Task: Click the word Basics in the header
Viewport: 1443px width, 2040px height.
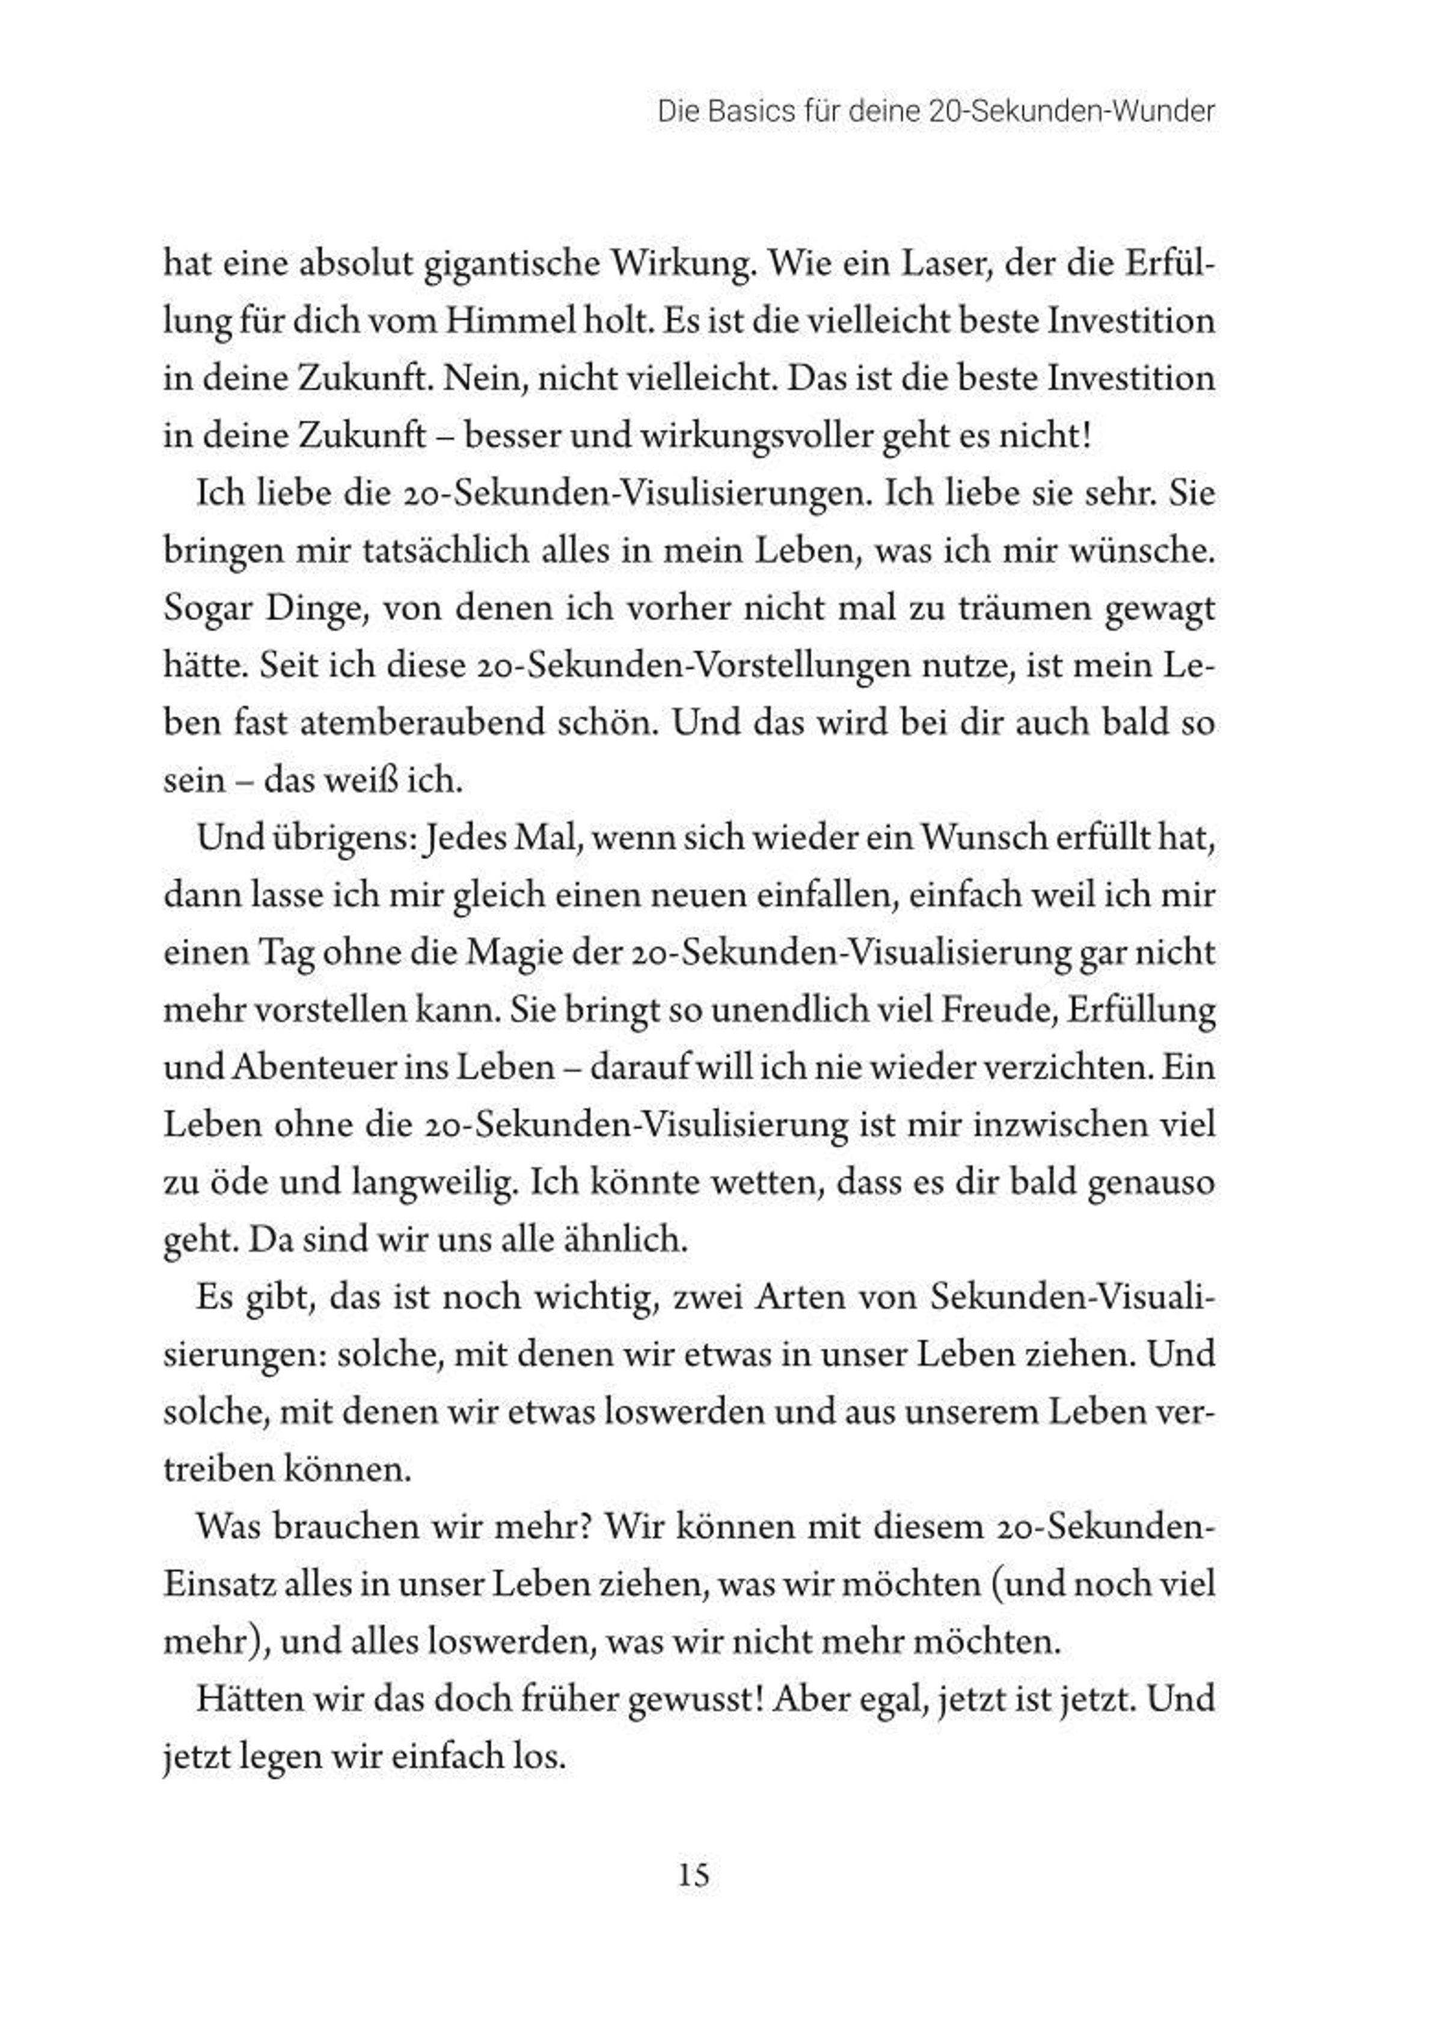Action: click(x=751, y=113)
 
